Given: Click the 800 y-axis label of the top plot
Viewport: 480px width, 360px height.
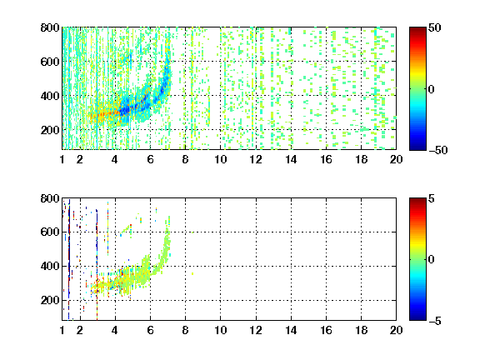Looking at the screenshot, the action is tap(50, 27).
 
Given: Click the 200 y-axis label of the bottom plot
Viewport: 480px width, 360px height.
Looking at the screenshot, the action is tap(50, 300).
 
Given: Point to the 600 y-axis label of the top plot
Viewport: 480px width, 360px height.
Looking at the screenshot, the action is tap(50, 62).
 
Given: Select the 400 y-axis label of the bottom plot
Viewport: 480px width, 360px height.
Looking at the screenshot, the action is tap(50, 266).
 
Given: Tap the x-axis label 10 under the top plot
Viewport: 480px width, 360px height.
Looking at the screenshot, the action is tap(220, 159).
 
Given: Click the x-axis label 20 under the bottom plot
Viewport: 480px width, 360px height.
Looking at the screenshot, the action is tap(396, 330).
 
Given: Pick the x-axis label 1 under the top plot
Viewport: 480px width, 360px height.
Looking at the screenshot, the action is tap(62, 159).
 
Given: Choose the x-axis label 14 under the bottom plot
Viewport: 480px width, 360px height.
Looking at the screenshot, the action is tap(291, 330).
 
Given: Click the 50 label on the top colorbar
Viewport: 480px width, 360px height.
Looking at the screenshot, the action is tap(434, 28).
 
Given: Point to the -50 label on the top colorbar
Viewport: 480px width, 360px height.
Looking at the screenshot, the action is tap(437, 150).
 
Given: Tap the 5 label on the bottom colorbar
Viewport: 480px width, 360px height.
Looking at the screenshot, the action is tap(432, 198).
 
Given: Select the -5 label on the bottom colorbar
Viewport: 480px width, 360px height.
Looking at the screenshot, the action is tap(435, 321).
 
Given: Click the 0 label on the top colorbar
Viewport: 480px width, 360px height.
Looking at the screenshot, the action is tap(432, 89).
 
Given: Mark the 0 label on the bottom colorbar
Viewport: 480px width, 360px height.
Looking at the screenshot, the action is tap(432, 260).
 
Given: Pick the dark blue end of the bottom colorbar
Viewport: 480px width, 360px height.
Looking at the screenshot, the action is tap(417, 318).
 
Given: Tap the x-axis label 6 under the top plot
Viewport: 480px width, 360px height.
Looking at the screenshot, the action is tap(150, 159).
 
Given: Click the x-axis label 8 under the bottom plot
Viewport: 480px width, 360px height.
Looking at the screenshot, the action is tap(185, 330).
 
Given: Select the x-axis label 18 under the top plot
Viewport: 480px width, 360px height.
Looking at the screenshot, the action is tap(361, 159).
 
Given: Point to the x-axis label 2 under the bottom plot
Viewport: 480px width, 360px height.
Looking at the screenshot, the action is tap(80, 330).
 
